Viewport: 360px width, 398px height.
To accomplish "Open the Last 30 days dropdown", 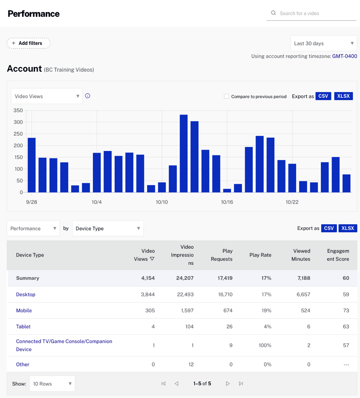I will pyautogui.click(x=324, y=43).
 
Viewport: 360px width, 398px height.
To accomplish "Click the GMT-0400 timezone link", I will pyautogui.click(x=344, y=56).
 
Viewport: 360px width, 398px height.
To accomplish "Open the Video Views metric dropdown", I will pyautogui.click(x=47, y=96).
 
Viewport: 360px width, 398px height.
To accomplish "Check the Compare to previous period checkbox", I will pyautogui.click(x=226, y=96).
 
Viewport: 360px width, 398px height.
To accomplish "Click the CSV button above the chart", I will pyautogui.click(x=323, y=96).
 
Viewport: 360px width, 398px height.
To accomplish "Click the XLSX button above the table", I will pyautogui.click(x=348, y=228).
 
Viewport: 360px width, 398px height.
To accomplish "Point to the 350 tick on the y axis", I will pyautogui.click(x=18, y=110).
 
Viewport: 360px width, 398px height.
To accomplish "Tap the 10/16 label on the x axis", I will pyautogui.click(x=227, y=202).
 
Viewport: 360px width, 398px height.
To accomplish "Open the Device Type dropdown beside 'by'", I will pyautogui.click(x=108, y=228).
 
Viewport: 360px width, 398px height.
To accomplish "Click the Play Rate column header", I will pyautogui.click(x=260, y=255).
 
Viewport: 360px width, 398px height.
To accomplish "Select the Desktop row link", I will pyautogui.click(x=26, y=294).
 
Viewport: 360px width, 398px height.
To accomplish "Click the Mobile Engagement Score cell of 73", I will pyautogui.click(x=346, y=310).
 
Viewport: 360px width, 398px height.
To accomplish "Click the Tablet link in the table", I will pyautogui.click(x=23, y=326).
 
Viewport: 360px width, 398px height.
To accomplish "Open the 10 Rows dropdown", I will pyautogui.click(x=52, y=384).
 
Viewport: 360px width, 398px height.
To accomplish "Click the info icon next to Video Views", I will pyautogui.click(x=88, y=96).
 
